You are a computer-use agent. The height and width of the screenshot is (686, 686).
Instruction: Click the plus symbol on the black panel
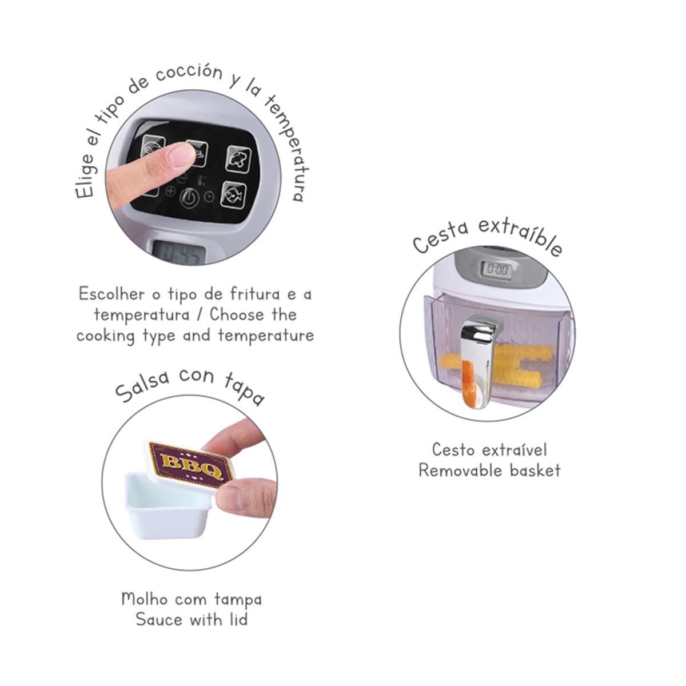click(170, 192)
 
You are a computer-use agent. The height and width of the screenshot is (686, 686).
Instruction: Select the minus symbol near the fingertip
click(182, 179)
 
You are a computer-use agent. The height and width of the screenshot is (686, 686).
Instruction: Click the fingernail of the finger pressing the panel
click(182, 154)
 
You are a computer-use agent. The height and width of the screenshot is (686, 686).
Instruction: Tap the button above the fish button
click(238, 158)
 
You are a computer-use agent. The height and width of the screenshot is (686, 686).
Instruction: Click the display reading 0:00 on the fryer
click(497, 269)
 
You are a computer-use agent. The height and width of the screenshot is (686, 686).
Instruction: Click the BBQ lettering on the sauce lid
click(192, 466)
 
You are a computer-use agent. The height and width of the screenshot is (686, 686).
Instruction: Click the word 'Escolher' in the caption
click(111, 294)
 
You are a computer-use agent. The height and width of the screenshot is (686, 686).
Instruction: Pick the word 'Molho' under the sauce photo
click(145, 599)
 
